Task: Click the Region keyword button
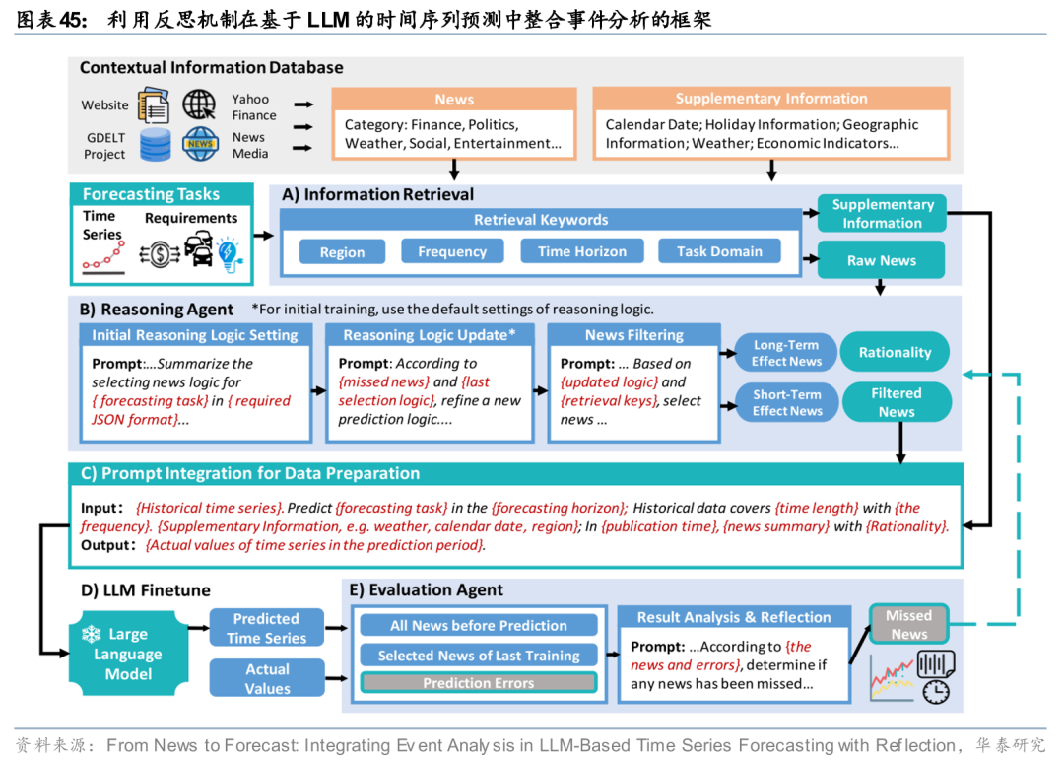coord(342,252)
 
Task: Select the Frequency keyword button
coord(451,251)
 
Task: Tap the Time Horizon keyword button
coord(581,251)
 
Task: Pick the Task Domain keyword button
coord(719,251)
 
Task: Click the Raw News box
coord(881,260)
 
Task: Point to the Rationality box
coord(895,352)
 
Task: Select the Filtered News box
coord(896,402)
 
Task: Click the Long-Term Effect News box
coord(786,353)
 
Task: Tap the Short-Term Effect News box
coord(786,402)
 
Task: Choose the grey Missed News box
coord(908,624)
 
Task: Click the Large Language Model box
coord(127,655)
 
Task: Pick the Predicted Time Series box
coord(266,628)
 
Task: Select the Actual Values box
coord(267,678)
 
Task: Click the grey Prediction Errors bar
coord(479,682)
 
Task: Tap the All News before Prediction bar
coord(479,625)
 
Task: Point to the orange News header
coord(454,100)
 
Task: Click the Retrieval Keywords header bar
coord(541,220)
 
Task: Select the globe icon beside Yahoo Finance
coord(198,104)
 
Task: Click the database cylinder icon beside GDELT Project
coord(155,145)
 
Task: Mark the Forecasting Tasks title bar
coord(151,194)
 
